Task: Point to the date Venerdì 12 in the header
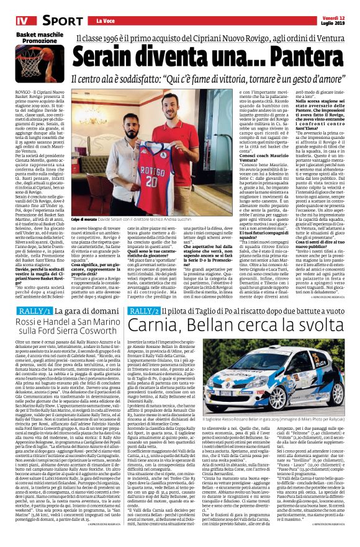[x=336, y=6]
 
